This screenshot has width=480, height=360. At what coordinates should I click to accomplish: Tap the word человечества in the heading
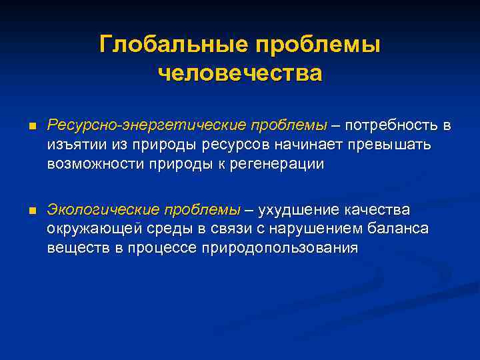tap(240, 72)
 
